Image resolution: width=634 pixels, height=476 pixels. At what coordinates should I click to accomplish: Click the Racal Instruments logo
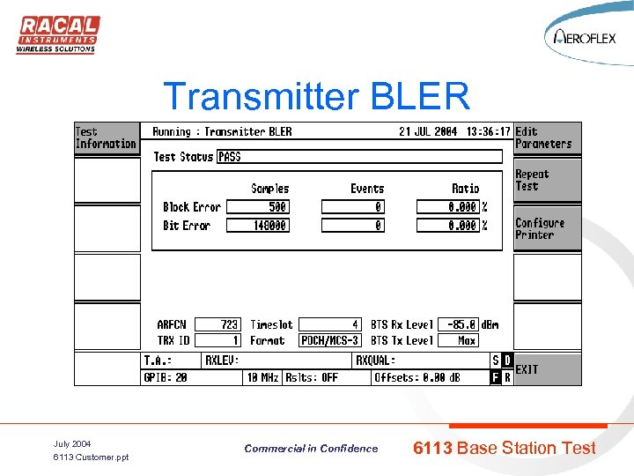58,34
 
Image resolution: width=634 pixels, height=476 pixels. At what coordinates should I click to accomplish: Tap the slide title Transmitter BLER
317,96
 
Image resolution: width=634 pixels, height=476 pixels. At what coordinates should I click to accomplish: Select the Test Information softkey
106,138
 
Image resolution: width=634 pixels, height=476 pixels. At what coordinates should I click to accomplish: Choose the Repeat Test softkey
547,180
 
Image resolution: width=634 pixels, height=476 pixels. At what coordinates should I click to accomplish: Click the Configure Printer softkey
547,228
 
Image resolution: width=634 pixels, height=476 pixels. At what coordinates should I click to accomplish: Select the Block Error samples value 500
260,207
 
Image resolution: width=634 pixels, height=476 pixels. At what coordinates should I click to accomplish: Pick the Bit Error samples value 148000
260,226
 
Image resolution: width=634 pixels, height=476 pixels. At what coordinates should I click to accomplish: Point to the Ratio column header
465,189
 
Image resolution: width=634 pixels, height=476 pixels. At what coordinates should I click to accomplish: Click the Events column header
366,189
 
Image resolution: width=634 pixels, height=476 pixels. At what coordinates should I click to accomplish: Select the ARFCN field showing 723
217,324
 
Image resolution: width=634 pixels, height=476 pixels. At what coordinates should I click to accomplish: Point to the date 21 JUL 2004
428,132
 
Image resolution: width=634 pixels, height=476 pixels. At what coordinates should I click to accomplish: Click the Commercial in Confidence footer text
311,449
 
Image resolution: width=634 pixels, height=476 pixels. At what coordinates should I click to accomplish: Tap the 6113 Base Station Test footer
504,448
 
